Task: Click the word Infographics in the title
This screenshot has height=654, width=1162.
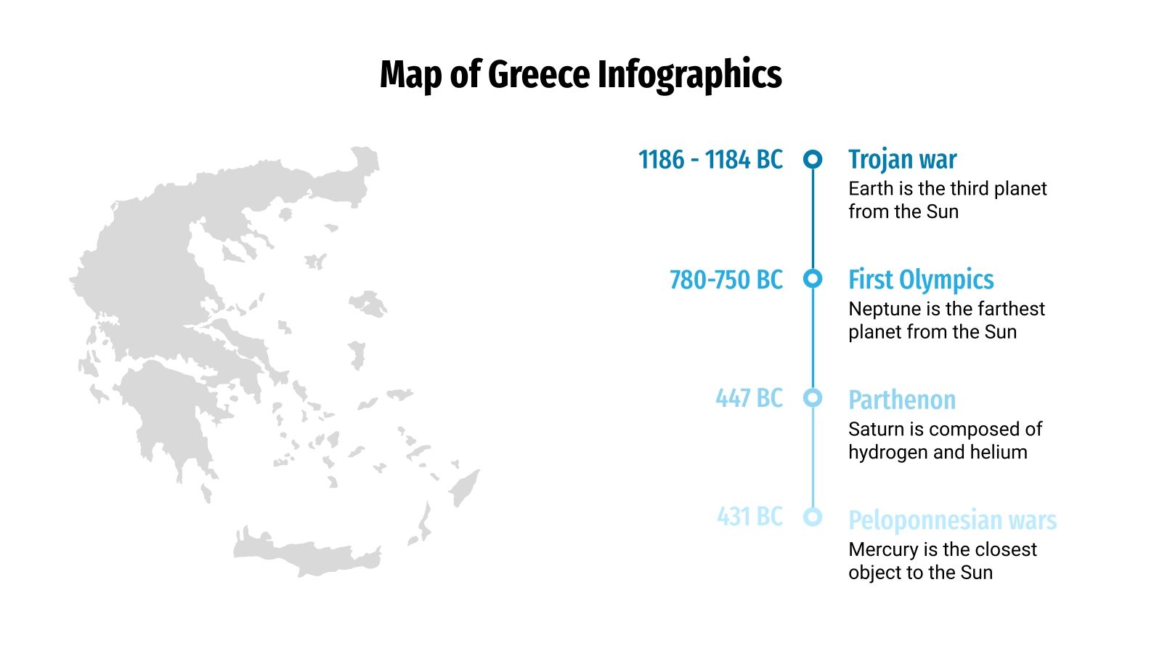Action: click(x=689, y=76)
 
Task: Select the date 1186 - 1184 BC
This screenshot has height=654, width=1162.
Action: click(x=710, y=159)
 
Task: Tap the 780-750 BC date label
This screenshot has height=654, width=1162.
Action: click(x=726, y=280)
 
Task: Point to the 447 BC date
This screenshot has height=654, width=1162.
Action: click(x=749, y=398)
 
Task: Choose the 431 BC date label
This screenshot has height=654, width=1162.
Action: click(x=749, y=517)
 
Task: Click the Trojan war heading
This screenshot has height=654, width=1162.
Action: click(x=902, y=159)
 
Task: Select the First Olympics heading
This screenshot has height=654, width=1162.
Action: click(x=921, y=280)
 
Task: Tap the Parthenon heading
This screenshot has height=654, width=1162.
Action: click(x=902, y=400)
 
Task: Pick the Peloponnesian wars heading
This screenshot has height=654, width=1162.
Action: click(x=952, y=520)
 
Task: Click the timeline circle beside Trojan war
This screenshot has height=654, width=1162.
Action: click(x=813, y=159)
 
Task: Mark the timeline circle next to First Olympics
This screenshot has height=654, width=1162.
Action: click(x=813, y=278)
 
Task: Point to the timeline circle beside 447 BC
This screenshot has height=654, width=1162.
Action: click(x=813, y=397)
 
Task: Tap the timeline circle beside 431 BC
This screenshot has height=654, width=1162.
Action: click(x=813, y=517)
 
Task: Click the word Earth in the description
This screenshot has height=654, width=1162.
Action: click(x=871, y=189)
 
